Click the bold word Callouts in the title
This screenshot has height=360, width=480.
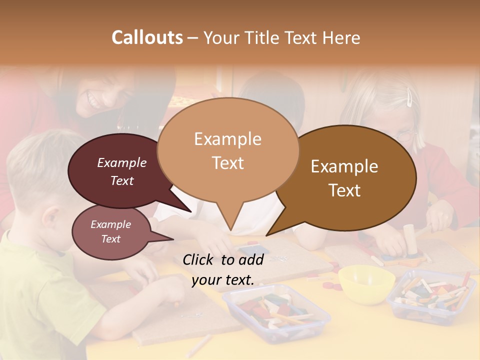click(147, 37)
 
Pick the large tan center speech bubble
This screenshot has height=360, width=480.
click(227, 150)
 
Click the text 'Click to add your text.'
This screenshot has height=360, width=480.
click(223, 269)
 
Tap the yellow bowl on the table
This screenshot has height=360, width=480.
click(366, 283)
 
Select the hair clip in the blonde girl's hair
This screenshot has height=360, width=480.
click(409, 97)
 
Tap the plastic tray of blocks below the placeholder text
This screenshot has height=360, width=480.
click(276, 312)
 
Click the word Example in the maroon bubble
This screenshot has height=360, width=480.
click(121, 162)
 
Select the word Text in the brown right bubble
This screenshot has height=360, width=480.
click(345, 190)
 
